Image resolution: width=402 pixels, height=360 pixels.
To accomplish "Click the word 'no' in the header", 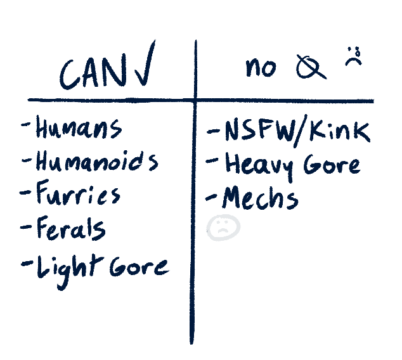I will tap(261, 67).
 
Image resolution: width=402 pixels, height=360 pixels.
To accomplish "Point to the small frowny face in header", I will tap(353, 58).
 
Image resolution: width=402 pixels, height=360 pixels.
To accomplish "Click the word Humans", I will tap(78, 129).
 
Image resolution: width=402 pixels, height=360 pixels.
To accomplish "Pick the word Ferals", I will tap(70, 229).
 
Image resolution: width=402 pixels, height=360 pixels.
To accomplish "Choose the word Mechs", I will tap(259, 198).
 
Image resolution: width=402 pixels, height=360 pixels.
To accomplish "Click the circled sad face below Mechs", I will tap(223, 229).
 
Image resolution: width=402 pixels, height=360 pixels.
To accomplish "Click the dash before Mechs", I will tap(212, 198).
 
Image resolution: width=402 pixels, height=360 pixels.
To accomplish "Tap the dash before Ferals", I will tap(26, 226).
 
